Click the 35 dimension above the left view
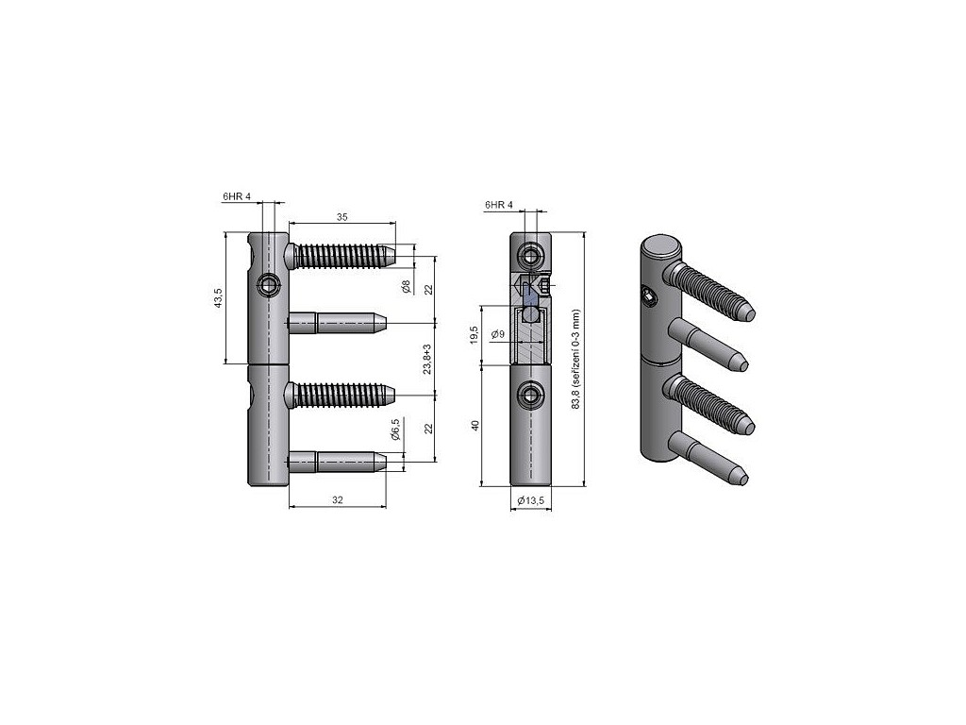coord(341,217)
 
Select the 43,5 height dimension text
coord(218,298)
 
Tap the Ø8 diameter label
coord(406,287)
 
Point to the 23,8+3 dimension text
coord(427,360)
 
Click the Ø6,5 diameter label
coord(395,430)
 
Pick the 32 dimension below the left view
coord(338,500)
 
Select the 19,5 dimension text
coord(474,335)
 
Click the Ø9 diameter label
coord(498,335)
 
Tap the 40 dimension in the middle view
coord(475,426)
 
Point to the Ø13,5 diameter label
coord(530,500)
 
